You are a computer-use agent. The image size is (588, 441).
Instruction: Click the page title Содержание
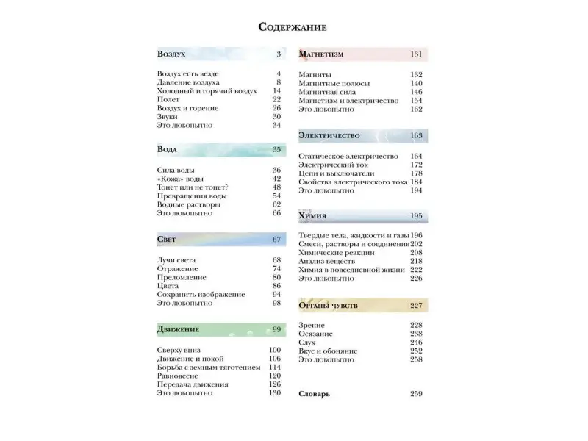pos(293,27)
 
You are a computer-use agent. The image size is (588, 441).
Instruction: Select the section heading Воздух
pos(171,54)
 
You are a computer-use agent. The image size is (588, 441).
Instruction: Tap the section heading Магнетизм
pos(321,54)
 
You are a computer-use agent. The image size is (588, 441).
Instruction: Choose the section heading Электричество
pos(329,136)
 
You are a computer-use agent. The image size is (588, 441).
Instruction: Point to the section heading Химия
pos(313,216)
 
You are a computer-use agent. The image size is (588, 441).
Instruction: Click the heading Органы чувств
pos(329,306)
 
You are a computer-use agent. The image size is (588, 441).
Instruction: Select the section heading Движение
pos(178,329)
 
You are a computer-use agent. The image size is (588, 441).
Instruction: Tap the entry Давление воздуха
pos(188,83)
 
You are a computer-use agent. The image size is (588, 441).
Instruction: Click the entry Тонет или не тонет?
pos(193,187)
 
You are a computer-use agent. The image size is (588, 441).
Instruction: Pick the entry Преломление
pos(182,278)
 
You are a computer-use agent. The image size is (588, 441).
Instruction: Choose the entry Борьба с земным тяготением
pos(209,367)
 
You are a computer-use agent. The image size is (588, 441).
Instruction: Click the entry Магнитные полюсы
pos(330,84)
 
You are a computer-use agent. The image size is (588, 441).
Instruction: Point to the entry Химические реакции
pos(337,252)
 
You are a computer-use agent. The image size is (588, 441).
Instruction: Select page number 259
pos(416,395)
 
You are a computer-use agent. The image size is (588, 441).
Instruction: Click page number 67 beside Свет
pos(276,240)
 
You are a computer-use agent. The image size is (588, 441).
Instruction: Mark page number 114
pos(275,367)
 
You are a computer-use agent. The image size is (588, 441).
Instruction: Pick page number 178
pos(416,173)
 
